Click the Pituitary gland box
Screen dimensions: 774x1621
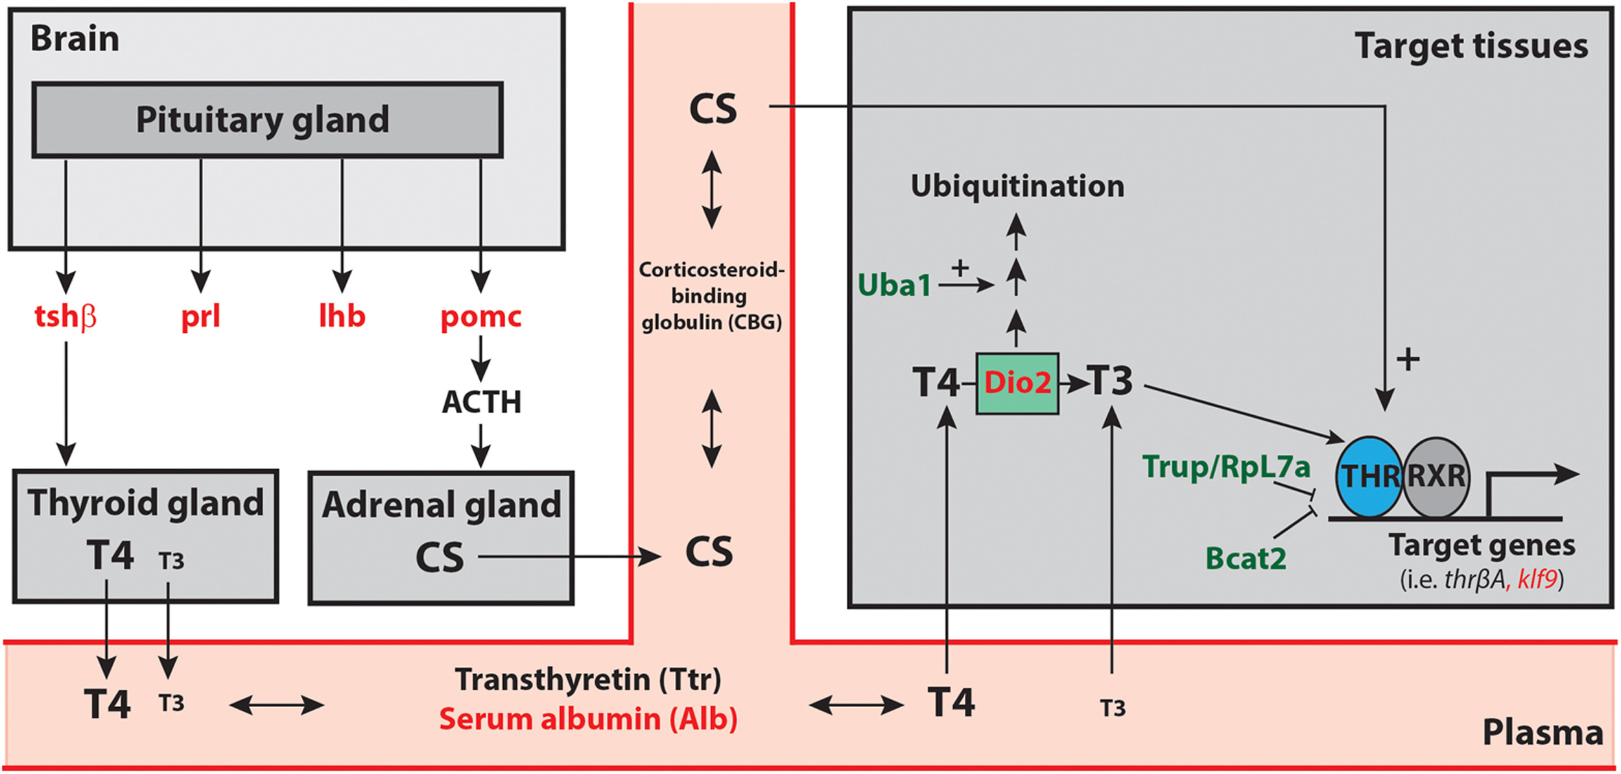(267, 120)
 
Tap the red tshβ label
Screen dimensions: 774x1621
(65, 317)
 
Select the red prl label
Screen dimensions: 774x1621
(200, 317)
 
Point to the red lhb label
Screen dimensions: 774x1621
(342, 316)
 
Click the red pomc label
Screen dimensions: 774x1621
(480, 317)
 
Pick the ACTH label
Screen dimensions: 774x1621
(481, 402)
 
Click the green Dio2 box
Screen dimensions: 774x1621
(1017, 383)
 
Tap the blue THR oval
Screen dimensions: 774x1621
(1369, 477)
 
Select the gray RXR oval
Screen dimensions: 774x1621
(1436, 477)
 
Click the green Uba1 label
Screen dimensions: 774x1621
(894, 285)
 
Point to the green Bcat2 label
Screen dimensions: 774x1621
(1246, 559)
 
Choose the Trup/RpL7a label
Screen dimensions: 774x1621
(1226, 466)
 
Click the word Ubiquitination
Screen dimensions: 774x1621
(1017, 186)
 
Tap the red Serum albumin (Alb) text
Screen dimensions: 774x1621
(588, 720)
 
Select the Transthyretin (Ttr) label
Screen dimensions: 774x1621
(588, 679)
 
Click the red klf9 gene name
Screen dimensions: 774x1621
(1537, 579)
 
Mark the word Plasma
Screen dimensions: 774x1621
(1543, 732)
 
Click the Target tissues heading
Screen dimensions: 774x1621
(1471, 47)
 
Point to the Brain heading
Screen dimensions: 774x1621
(75, 39)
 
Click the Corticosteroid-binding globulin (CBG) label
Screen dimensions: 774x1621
(711, 296)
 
